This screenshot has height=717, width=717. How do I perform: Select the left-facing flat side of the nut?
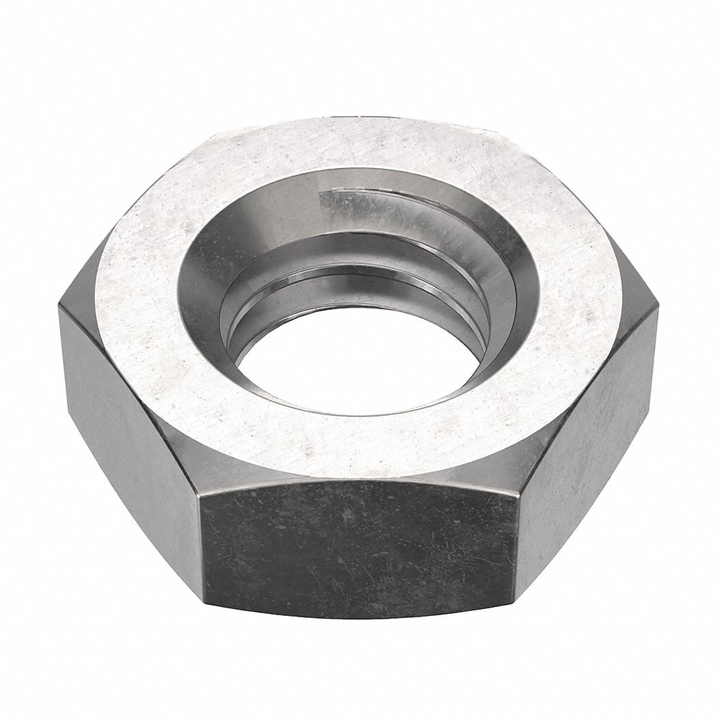(130, 410)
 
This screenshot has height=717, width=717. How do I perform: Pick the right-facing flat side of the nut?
(587, 423)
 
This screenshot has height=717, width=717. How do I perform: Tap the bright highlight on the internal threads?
(355, 205)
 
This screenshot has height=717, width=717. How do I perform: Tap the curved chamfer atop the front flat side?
(355, 478)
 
